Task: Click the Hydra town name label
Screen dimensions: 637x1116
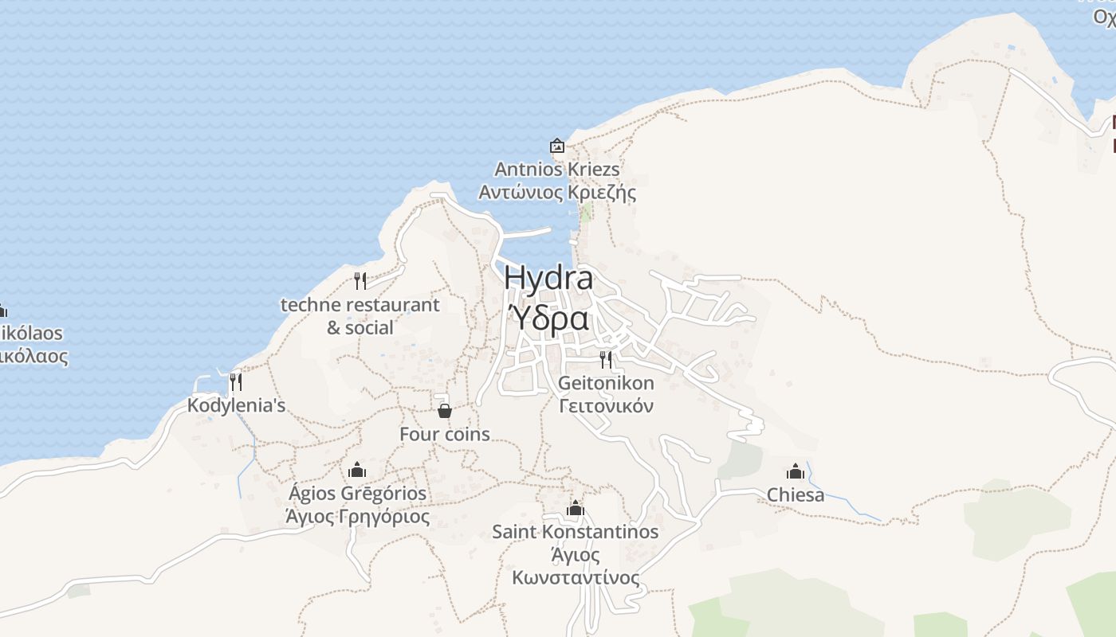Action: coord(548,279)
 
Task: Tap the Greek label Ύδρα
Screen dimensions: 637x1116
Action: coord(548,318)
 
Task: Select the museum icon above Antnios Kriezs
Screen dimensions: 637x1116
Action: coord(557,146)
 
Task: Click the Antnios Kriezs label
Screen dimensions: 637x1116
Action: coord(557,170)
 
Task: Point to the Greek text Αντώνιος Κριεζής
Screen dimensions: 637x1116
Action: coord(557,193)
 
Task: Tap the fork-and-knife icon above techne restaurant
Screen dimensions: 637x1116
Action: coord(360,280)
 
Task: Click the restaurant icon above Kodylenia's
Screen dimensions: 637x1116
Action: coord(235,382)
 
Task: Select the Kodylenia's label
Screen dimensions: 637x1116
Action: coord(236,406)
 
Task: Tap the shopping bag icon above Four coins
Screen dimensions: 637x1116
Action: coord(445,411)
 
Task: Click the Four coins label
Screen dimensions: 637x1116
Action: coord(445,434)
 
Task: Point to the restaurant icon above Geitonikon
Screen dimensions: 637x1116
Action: coord(606,359)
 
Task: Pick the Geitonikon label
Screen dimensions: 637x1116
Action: coord(606,383)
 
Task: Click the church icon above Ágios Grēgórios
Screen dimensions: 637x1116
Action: coord(357,470)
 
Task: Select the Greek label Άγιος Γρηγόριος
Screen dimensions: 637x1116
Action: coord(358,517)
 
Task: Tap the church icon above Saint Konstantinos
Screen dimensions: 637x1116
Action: coord(576,508)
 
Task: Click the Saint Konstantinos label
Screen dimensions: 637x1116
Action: coord(576,531)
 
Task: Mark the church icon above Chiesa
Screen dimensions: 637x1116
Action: coord(796,471)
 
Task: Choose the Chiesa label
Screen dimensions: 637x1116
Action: coord(796,495)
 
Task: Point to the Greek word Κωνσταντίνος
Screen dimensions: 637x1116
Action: coord(576,577)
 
